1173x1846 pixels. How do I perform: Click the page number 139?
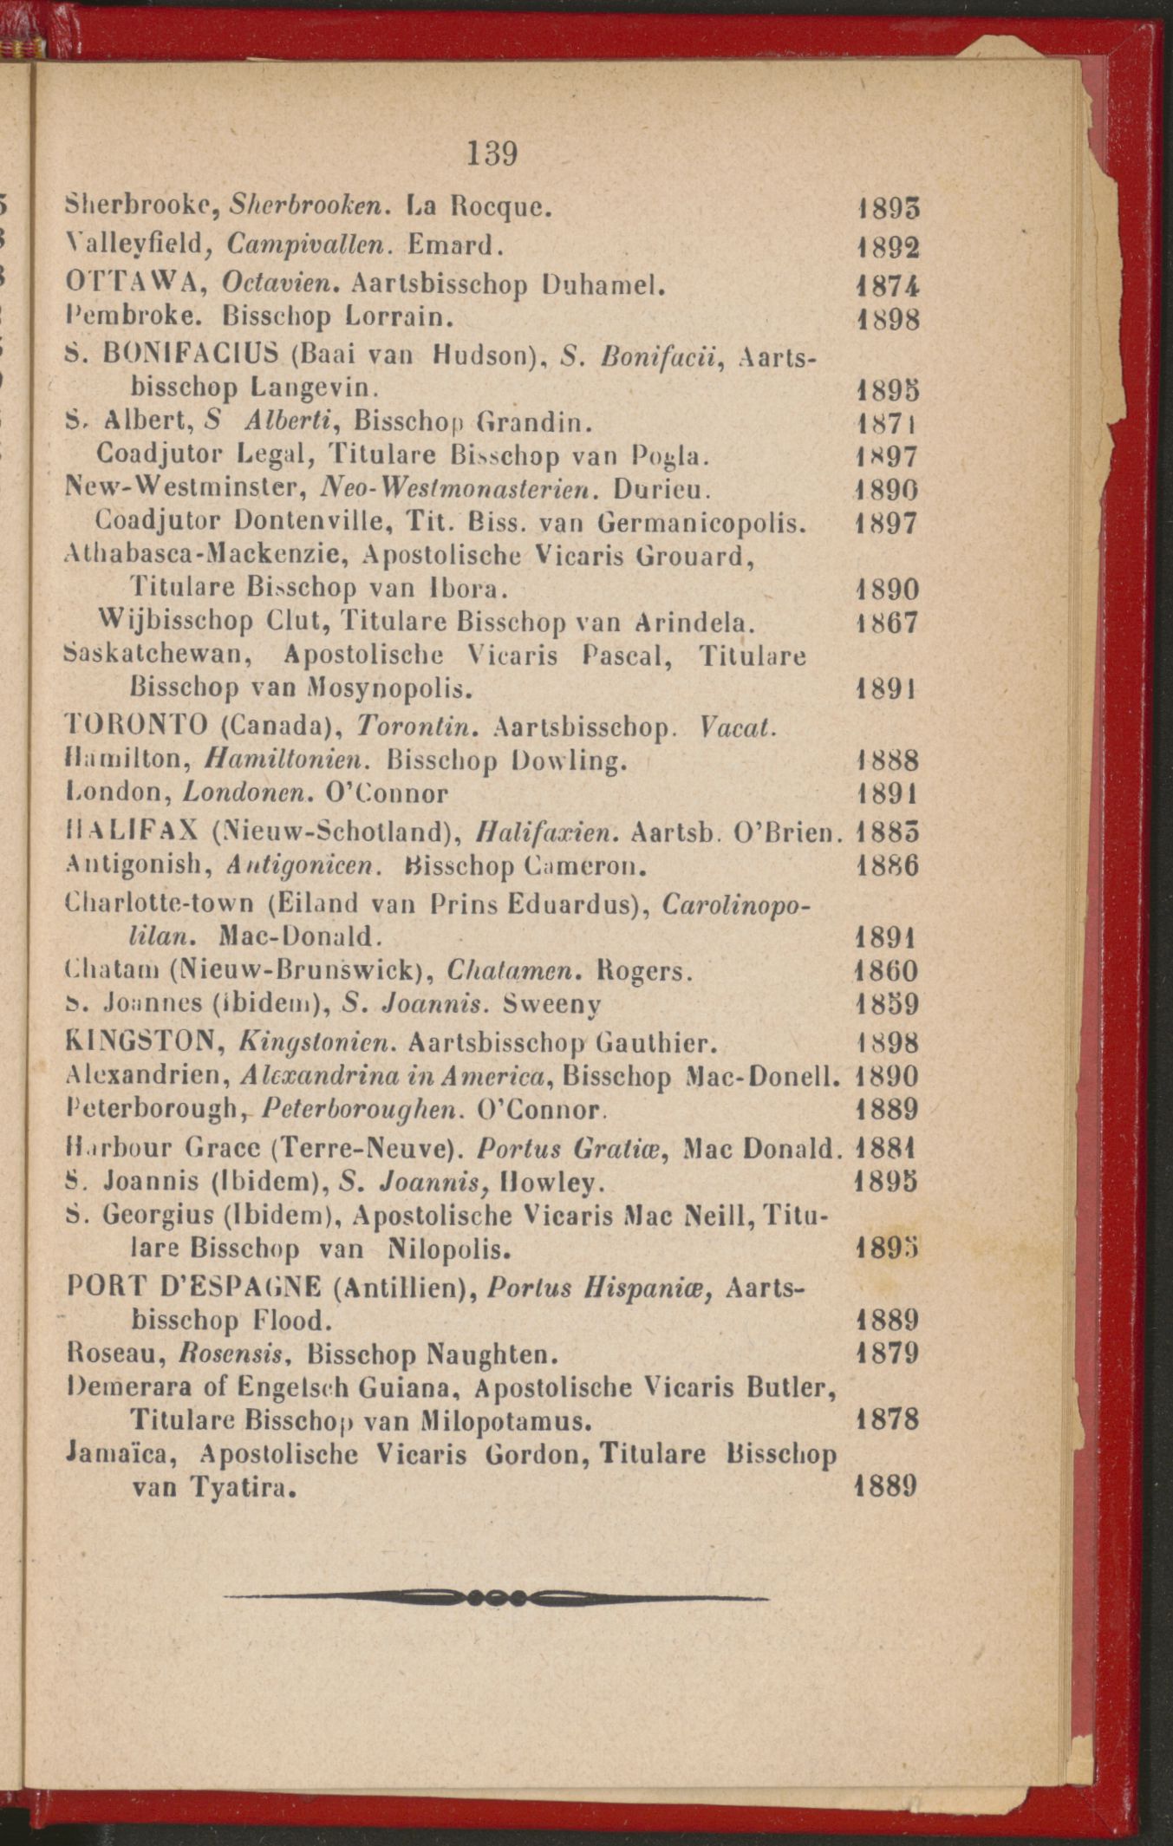[x=492, y=154]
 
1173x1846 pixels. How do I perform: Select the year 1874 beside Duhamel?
[x=886, y=286]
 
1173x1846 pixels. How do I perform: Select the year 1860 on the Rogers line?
[x=886, y=971]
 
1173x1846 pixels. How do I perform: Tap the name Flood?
[x=292, y=1321]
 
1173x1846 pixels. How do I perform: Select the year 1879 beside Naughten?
[x=886, y=1354]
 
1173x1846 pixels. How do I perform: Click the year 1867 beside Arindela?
[x=886, y=623]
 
